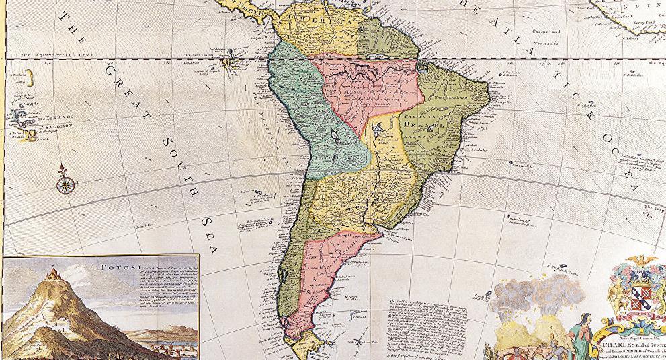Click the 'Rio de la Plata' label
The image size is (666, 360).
tap(401, 235)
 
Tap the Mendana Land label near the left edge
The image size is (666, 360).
tap(19, 75)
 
